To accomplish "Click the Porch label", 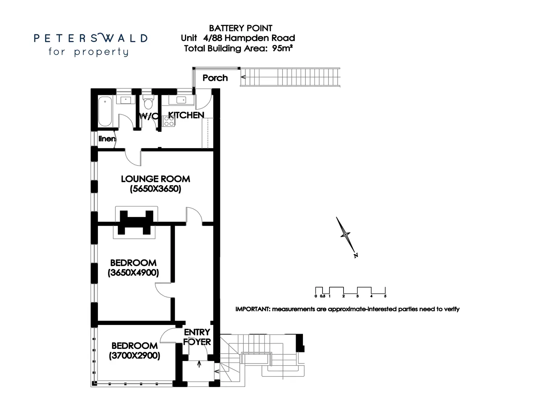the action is click(x=215, y=78).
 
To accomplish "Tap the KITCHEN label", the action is click(x=186, y=115).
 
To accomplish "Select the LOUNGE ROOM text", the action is click(x=155, y=179).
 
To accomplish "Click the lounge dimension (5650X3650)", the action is click(x=155, y=189).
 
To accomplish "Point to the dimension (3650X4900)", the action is click(x=133, y=273).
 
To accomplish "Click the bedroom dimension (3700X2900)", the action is click(x=134, y=355).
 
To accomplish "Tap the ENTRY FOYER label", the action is click(x=197, y=337).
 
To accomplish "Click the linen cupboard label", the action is click(x=107, y=139).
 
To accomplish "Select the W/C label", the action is click(x=149, y=116).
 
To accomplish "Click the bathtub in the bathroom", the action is click(x=105, y=111).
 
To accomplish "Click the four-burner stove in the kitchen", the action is click(x=169, y=121).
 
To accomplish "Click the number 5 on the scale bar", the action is click(x=385, y=296).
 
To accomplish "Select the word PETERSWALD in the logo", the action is click(x=91, y=38).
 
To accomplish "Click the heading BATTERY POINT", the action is click(x=241, y=28).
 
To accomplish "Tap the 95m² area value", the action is click(x=282, y=48).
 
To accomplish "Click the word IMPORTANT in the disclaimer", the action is click(x=252, y=309).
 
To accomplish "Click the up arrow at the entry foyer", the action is click(x=199, y=364).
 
